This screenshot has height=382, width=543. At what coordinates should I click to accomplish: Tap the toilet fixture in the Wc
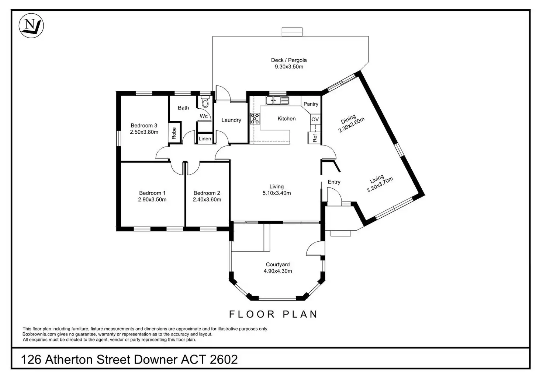click(x=205, y=102)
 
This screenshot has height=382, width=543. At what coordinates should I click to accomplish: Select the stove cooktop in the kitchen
click(x=255, y=118)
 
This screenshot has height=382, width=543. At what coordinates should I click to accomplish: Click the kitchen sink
click(x=277, y=100)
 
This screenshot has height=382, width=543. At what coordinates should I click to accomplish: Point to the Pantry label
click(x=311, y=104)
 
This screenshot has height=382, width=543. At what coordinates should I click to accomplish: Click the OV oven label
click(x=315, y=119)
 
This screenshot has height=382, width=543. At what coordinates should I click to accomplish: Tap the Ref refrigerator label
click(x=315, y=138)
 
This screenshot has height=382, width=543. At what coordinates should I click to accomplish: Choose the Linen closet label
click(x=205, y=139)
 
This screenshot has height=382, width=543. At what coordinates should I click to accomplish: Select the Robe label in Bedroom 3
click(x=174, y=133)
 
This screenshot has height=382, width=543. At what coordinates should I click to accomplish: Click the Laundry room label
click(x=231, y=120)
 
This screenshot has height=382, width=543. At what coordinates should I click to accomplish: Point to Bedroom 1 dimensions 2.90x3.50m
click(x=152, y=200)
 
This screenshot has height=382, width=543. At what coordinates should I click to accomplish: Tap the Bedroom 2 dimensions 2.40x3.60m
click(x=207, y=200)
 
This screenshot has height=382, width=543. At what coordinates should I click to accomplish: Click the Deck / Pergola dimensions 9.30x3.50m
click(x=289, y=67)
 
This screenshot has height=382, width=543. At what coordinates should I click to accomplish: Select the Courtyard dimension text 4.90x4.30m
click(x=278, y=271)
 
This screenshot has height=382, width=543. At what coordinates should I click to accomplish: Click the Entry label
click(x=334, y=182)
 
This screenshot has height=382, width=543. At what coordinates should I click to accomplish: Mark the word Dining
click(x=348, y=119)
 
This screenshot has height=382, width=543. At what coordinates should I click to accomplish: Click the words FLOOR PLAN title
click(x=273, y=314)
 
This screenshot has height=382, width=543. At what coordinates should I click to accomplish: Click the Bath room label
click(x=183, y=108)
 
